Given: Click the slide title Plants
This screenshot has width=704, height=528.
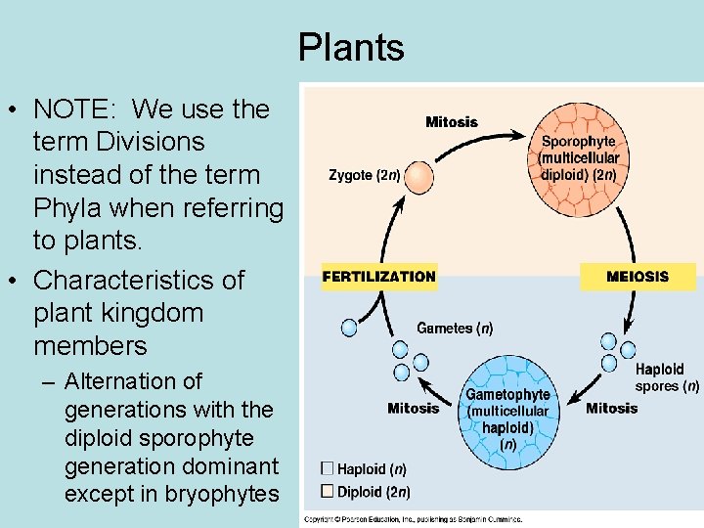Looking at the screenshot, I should pyautogui.click(x=351, y=47).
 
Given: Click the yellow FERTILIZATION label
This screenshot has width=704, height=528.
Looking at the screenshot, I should pyautogui.click(x=378, y=277).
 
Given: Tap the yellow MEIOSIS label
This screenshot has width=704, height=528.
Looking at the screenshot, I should pyautogui.click(x=638, y=277).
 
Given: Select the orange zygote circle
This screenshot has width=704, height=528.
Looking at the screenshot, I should pyautogui.click(x=418, y=177).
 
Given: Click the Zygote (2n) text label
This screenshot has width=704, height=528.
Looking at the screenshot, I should pyautogui.click(x=364, y=176).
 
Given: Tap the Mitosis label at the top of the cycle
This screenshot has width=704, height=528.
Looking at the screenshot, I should pyautogui.click(x=452, y=122).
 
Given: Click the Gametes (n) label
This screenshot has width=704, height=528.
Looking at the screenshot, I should pyautogui.click(x=455, y=329).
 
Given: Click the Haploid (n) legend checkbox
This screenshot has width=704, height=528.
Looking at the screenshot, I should pyautogui.click(x=328, y=469).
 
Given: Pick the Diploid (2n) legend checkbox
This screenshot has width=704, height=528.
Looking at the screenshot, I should pyautogui.click(x=328, y=491).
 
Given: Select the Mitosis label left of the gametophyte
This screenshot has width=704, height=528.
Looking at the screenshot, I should pyautogui.click(x=414, y=408).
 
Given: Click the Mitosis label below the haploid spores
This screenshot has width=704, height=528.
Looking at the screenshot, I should pyautogui.click(x=611, y=408).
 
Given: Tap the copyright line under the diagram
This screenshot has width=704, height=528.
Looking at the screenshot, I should pyautogui.click(x=413, y=519).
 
